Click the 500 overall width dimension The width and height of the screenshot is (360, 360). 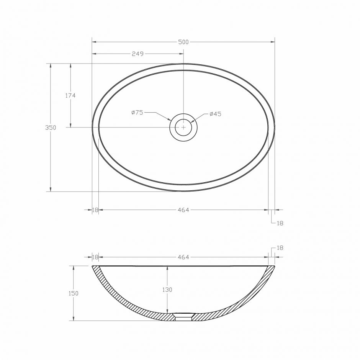point(183,42)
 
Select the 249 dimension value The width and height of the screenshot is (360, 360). point(137,54)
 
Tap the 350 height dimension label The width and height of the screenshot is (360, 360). point(51,128)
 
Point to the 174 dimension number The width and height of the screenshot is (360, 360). point(70,95)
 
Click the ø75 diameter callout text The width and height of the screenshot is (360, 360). point(137,113)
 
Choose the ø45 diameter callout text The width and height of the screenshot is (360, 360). point(215,114)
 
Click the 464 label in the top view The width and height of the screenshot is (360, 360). point(183,210)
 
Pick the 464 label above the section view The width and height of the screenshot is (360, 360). point(183,257)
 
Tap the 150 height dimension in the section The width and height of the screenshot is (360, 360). point(74,293)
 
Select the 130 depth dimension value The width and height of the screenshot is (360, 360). point(167,290)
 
